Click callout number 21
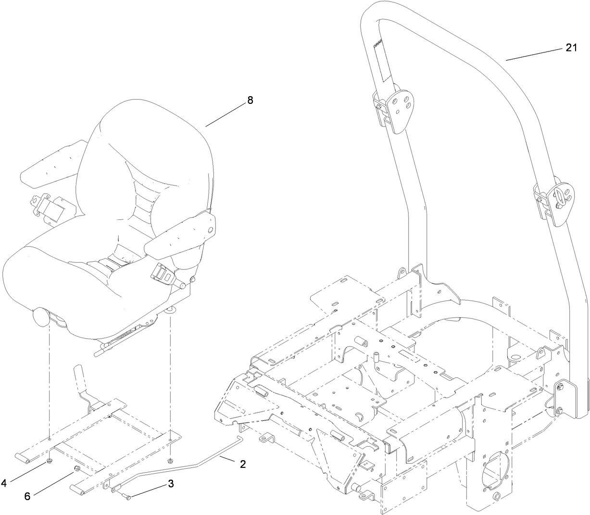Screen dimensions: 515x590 click(572, 48)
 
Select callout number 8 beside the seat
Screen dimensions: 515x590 click(250, 100)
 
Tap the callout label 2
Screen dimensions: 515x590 click(243, 464)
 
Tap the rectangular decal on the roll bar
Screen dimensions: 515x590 click(380, 63)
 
